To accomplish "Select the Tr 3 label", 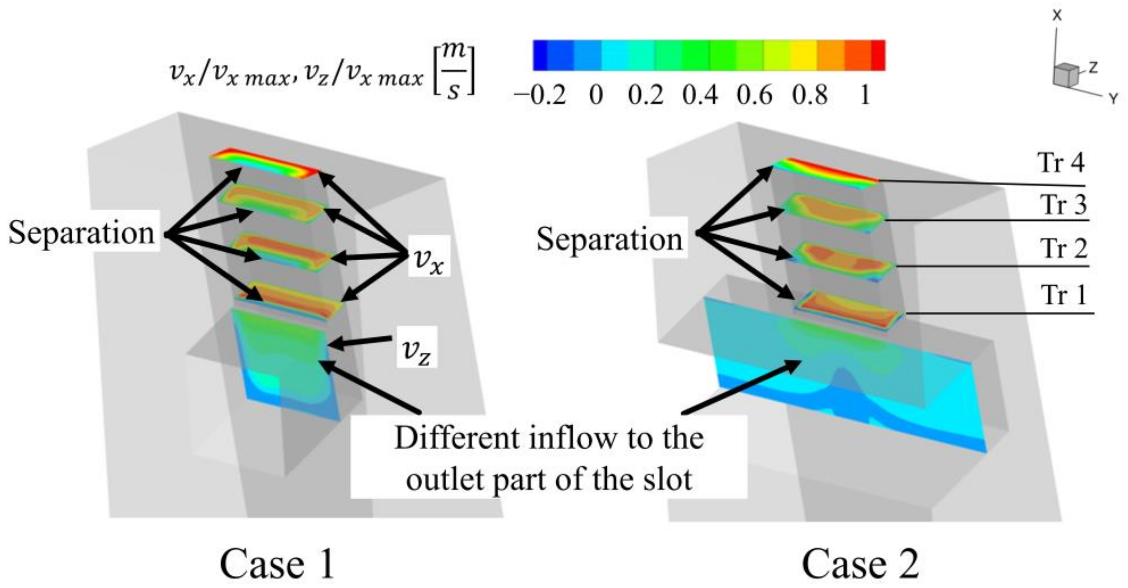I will tap(1063, 204).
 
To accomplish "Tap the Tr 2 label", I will tap(1063, 249).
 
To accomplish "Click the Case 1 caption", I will tap(277, 564).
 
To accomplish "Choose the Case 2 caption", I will tap(860, 564).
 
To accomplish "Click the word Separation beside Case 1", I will tap(81, 233).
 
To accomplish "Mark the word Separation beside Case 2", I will tap(609, 240).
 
